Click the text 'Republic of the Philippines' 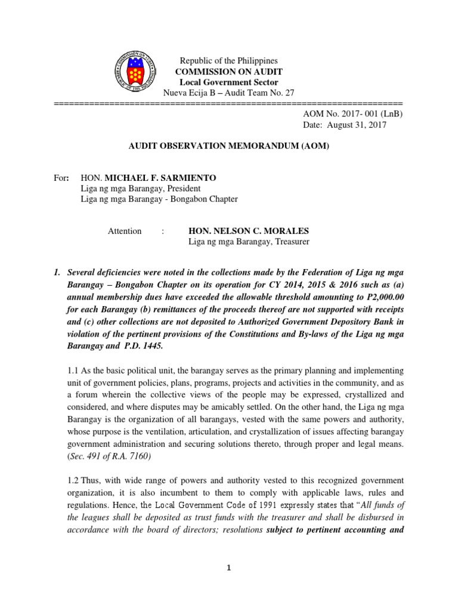click(x=229, y=61)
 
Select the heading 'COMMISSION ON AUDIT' click(x=229, y=72)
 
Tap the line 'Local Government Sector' click(x=229, y=82)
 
